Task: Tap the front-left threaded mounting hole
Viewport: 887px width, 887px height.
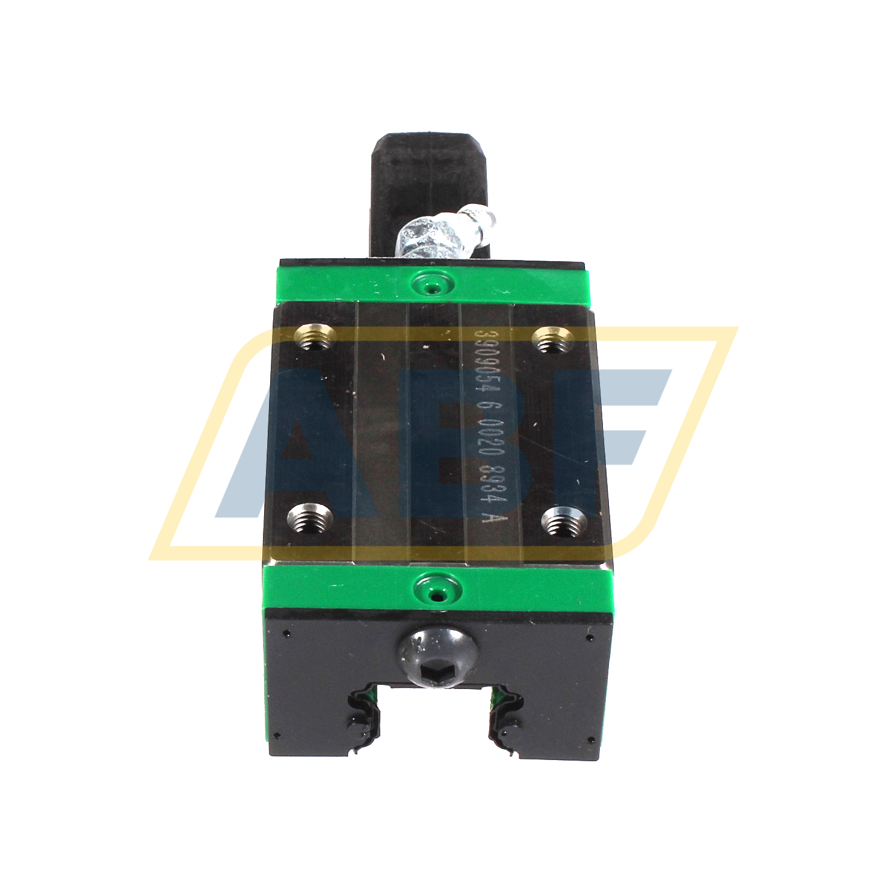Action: [x=311, y=517]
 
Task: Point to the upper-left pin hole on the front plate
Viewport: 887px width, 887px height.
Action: [x=286, y=634]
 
